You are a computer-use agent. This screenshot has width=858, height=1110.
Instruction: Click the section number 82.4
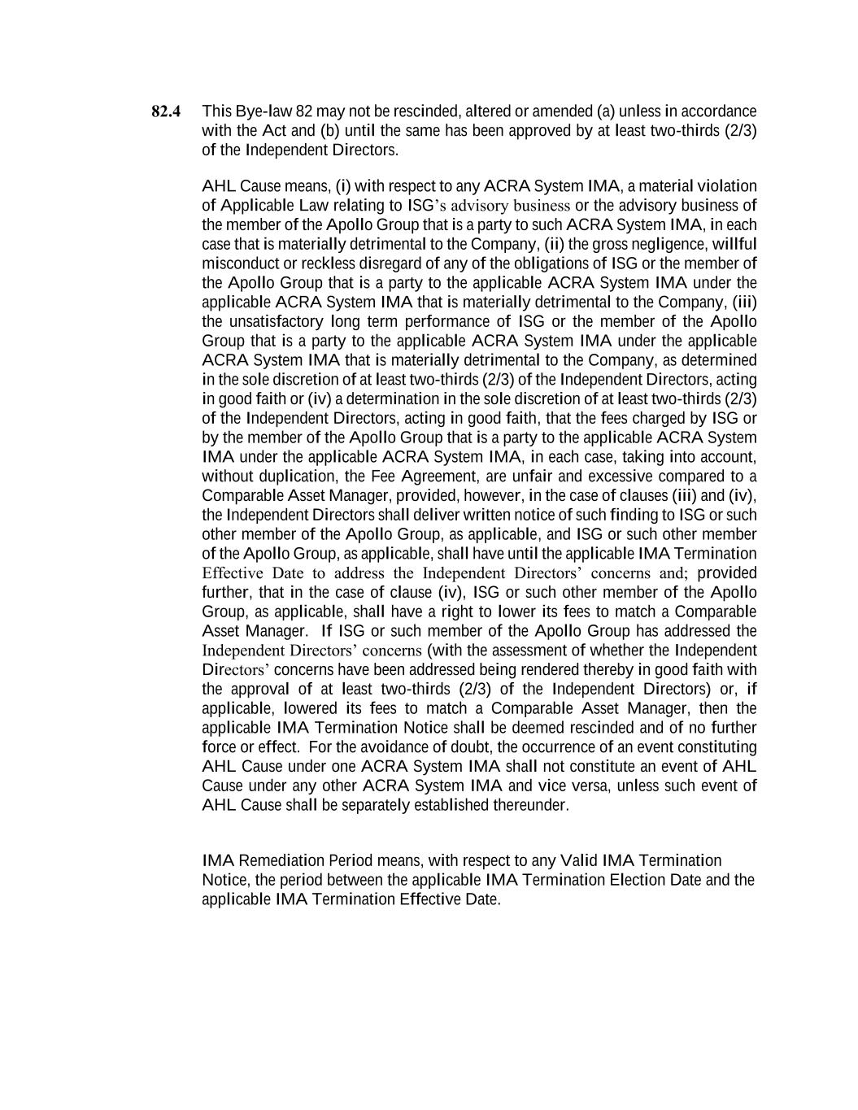click(x=166, y=111)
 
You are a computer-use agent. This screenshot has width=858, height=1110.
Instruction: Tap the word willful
click(x=734, y=244)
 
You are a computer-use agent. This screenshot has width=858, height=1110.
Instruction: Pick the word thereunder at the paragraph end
click(x=532, y=806)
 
